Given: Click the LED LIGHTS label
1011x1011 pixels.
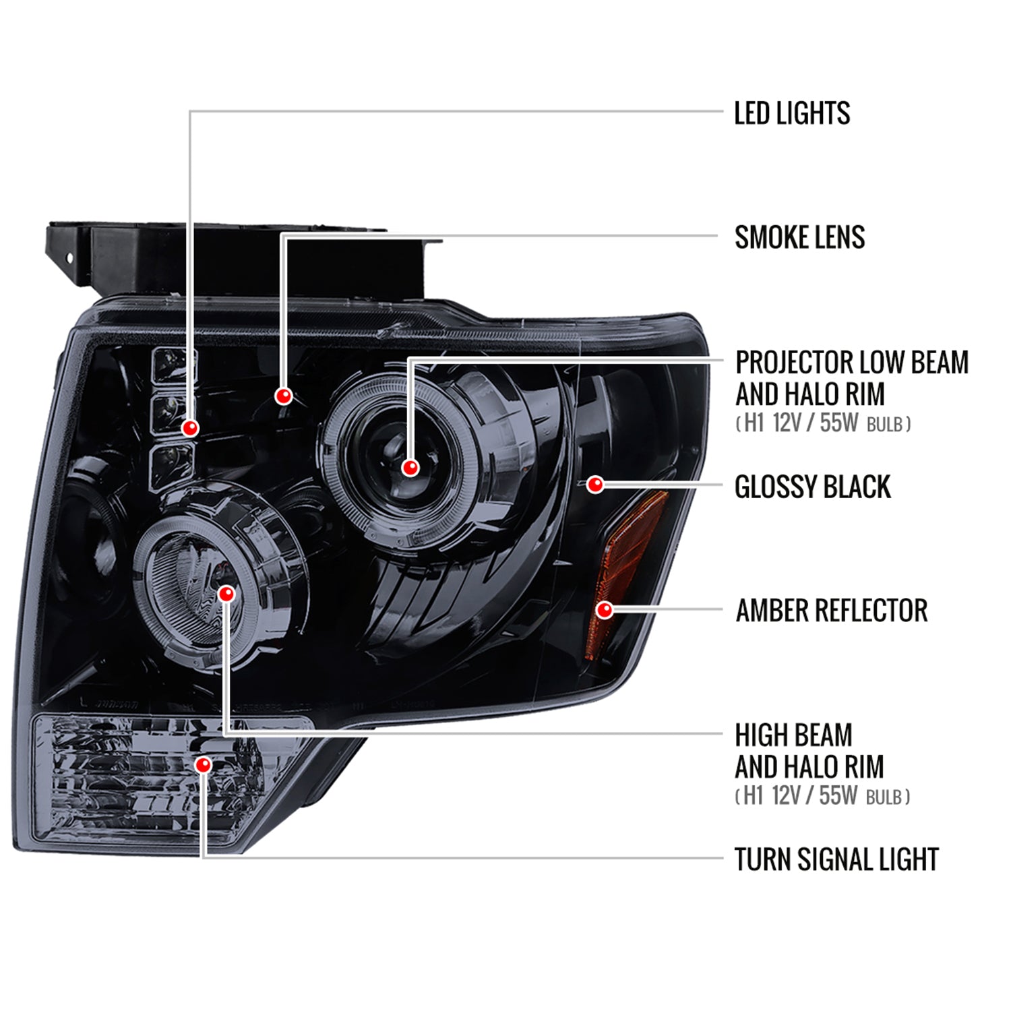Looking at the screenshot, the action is pyautogui.click(x=792, y=113).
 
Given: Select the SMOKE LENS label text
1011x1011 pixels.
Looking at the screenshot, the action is pyautogui.click(x=800, y=237).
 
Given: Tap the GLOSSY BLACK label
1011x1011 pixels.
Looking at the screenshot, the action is pyautogui.click(x=813, y=487).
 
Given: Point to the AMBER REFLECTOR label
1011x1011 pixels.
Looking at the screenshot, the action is pyautogui.click(x=832, y=611).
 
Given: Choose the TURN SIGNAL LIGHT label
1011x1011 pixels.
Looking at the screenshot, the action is pyautogui.click(x=836, y=859).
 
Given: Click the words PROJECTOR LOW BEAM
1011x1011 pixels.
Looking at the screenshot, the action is pyautogui.click(x=852, y=362).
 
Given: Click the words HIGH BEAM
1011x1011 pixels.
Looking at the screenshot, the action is pyautogui.click(x=793, y=735).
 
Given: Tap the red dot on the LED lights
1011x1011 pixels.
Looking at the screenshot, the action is pyautogui.click(x=191, y=428).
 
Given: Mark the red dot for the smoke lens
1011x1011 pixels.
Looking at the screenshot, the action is pyautogui.click(x=284, y=396).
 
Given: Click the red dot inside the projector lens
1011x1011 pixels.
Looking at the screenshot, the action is pyautogui.click(x=410, y=467).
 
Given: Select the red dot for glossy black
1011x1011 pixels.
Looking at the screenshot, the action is pyautogui.click(x=595, y=484).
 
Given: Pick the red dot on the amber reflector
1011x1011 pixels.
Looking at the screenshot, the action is pyautogui.click(x=605, y=610).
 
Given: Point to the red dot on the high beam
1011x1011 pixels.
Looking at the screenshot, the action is pyautogui.click(x=226, y=593).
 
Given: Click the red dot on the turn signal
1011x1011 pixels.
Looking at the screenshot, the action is pyautogui.click(x=203, y=765).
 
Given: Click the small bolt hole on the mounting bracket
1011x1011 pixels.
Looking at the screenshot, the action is pyautogui.click(x=68, y=258).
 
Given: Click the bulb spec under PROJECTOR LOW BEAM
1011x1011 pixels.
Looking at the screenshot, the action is pyautogui.click(x=823, y=424).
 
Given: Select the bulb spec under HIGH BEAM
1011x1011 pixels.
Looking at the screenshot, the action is pyautogui.click(x=822, y=797).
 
